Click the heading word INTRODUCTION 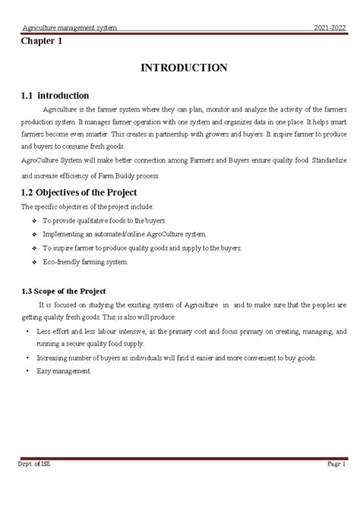point(184,68)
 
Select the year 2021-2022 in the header point(330,28)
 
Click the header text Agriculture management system point(69,28)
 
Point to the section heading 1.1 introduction point(55,95)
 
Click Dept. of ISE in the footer point(36,463)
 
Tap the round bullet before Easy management point(27,371)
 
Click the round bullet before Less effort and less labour point(27,333)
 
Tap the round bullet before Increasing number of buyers point(27,358)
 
